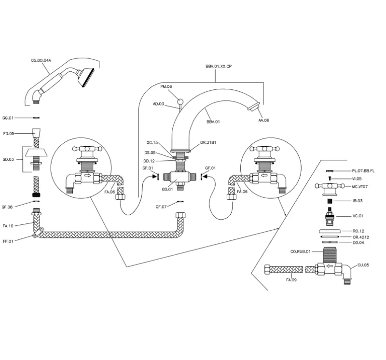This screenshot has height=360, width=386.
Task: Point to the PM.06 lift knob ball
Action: coord(181,102)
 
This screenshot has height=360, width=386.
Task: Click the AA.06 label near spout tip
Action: coord(263,120)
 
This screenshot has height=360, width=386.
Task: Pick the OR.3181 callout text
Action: coord(207,143)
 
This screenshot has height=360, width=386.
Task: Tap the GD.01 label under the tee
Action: coord(167,189)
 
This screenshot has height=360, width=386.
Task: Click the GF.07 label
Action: coord(161,207)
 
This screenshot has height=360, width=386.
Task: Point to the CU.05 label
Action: coord(363,264)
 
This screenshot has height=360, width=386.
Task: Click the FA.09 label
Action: coord(291,279)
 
